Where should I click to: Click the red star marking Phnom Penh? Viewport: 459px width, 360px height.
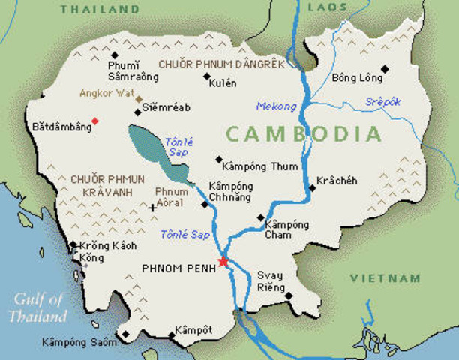(x=223, y=261)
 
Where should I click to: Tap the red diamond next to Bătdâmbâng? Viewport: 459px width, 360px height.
(x=94, y=121)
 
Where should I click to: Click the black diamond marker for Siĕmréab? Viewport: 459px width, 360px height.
(x=137, y=112)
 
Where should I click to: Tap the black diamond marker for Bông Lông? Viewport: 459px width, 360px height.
(x=385, y=69)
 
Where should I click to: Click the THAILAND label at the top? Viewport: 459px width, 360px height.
(x=100, y=10)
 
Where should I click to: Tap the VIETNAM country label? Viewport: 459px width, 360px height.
(x=385, y=278)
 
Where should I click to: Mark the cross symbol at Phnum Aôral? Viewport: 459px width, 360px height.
(x=152, y=208)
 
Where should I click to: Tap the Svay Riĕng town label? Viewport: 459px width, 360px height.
(x=271, y=280)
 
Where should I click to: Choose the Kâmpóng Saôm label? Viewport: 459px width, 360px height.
(x=79, y=342)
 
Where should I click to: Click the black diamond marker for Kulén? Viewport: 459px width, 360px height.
(x=206, y=76)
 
